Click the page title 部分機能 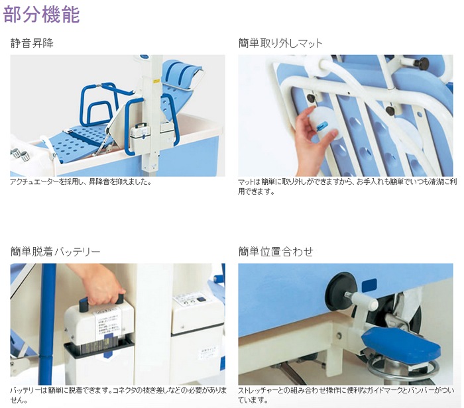pyautogui.click(x=41, y=14)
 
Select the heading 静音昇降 pyautogui.click(x=32, y=43)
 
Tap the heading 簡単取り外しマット pyautogui.click(x=280, y=43)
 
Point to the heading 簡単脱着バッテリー pyautogui.click(x=55, y=252)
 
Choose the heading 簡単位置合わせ pyautogui.click(x=276, y=252)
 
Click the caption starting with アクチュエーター pyautogui.click(x=81, y=182)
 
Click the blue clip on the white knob pyautogui.click(x=321, y=127)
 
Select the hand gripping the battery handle pyautogui.click(x=99, y=284)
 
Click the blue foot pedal pyautogui.click(x=401, y=344)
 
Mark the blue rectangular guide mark pyautogui.click(x=369, y=285)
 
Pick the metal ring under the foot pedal pyautogui.click(x=403, y=370)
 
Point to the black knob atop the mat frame pyautogui.click(x=420, y=63)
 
